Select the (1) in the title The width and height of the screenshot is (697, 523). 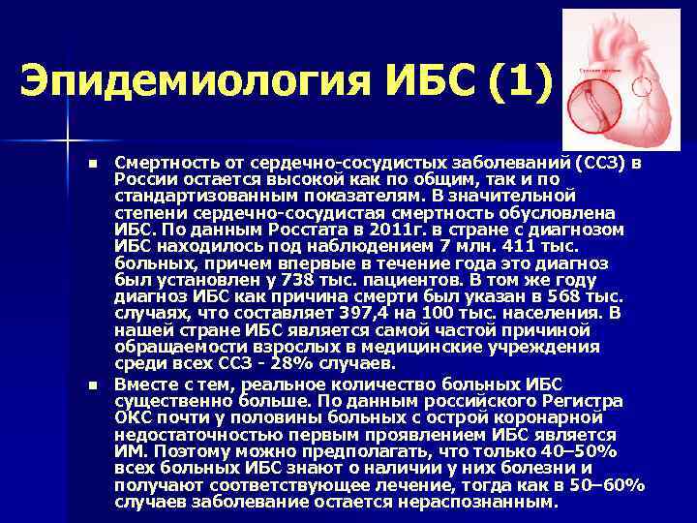514,79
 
